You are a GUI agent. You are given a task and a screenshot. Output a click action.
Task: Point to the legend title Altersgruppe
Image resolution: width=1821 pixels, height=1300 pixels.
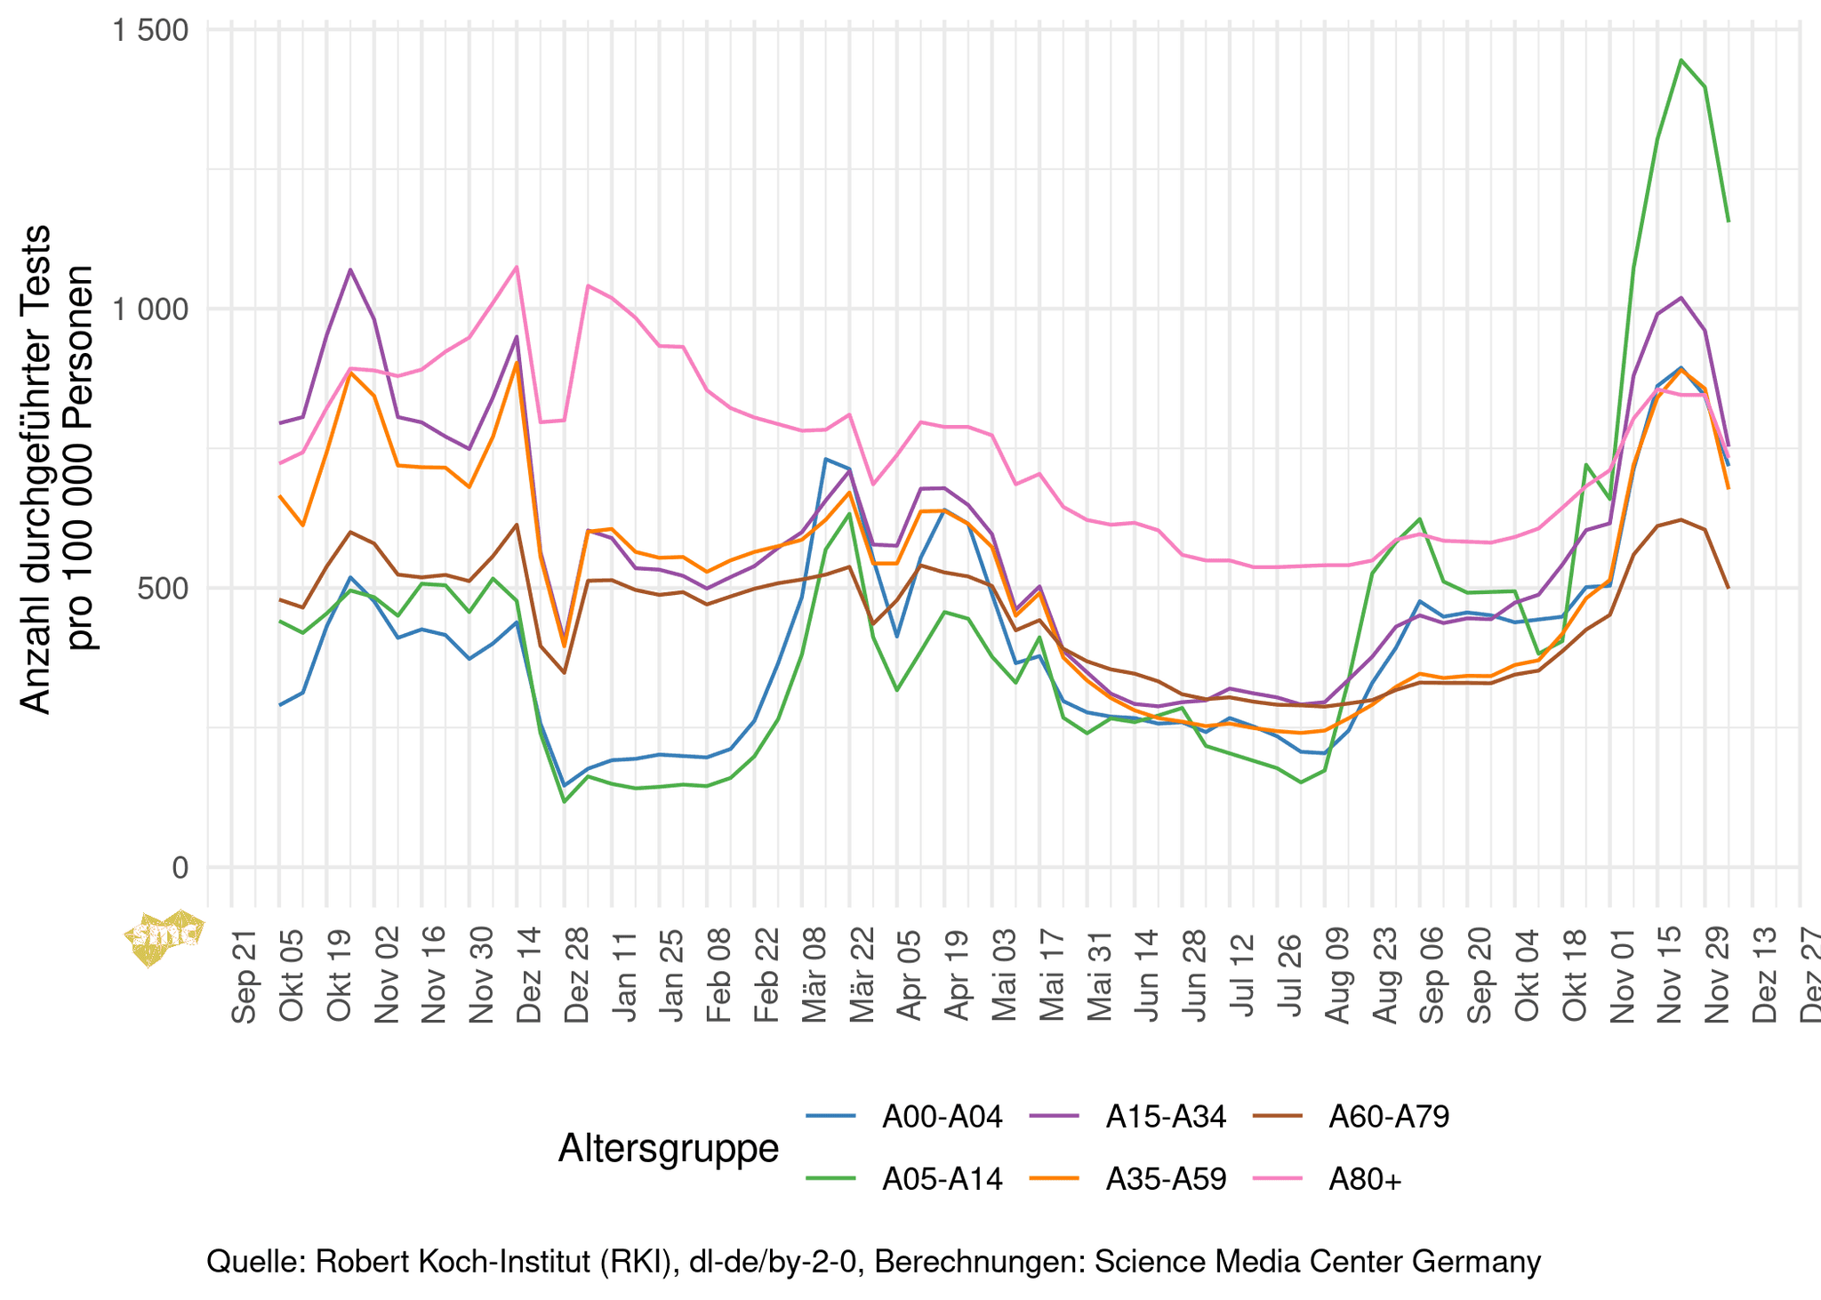[668, 1148]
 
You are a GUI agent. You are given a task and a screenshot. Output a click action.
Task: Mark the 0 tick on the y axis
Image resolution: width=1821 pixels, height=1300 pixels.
[180, 868]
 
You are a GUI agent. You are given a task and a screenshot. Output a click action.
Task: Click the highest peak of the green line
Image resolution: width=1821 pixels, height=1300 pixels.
[1681, 60]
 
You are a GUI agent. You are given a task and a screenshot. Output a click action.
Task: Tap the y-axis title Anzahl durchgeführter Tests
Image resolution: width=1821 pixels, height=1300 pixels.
[36, 469]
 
